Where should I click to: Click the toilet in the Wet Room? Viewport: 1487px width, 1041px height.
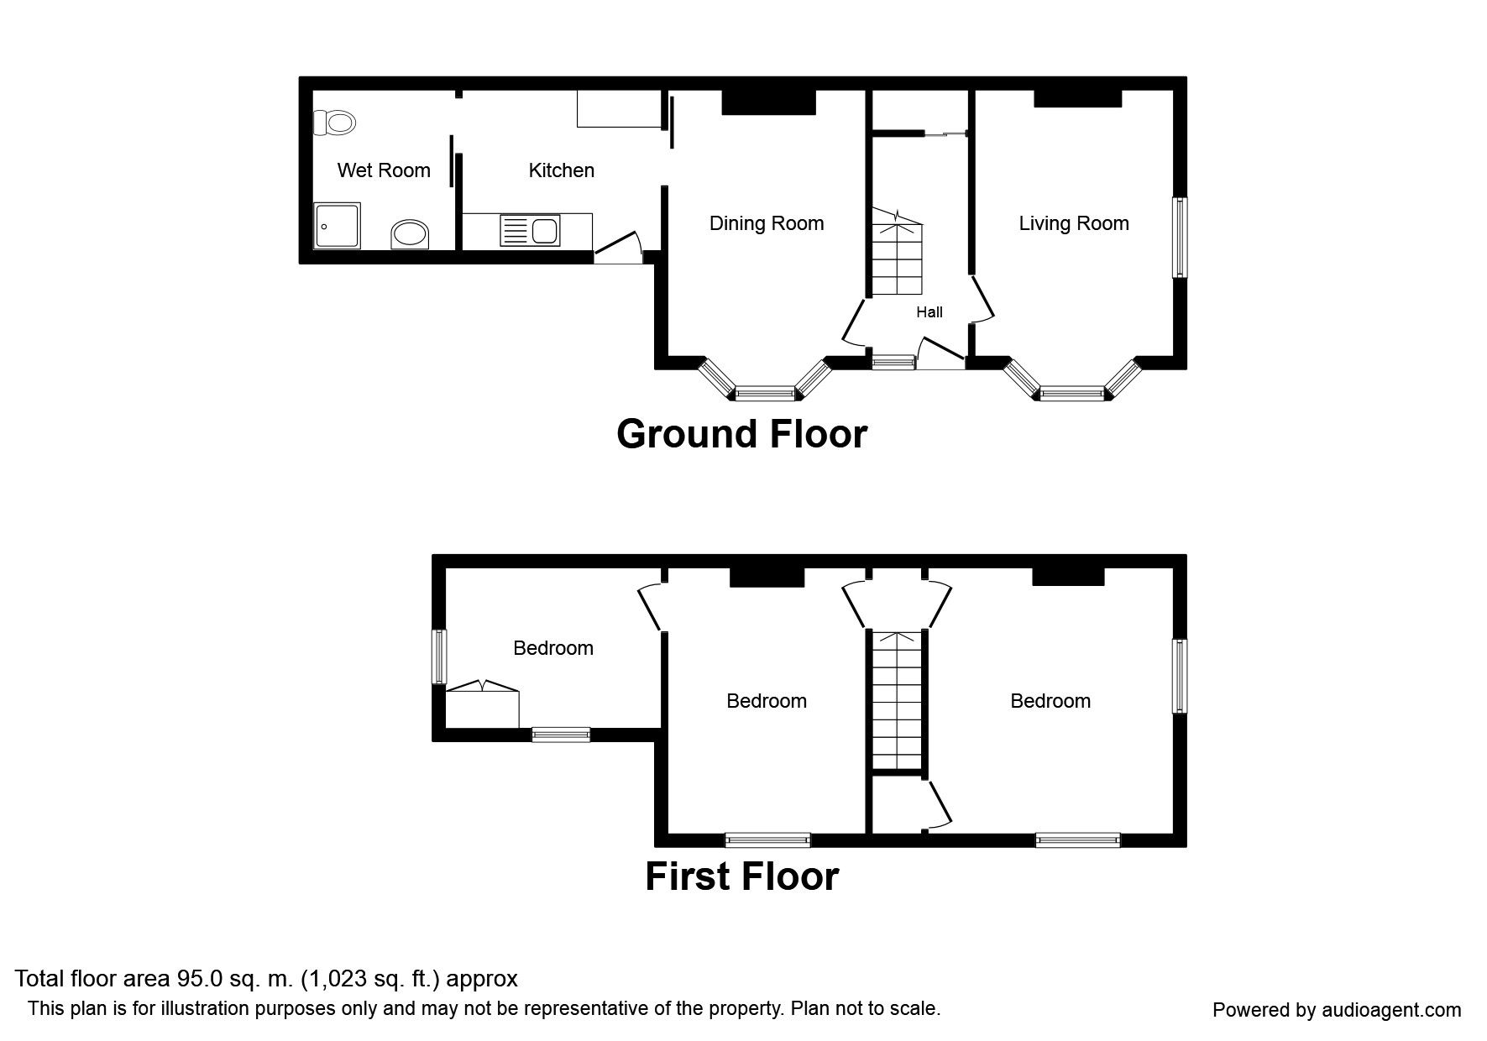tap(334, 123)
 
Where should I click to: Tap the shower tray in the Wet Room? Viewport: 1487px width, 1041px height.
tap(338, 225)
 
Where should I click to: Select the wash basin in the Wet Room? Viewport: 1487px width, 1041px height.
tap(411, 234)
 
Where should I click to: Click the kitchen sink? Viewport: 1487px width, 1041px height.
tap(530, 230)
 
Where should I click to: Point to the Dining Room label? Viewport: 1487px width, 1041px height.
tap(767, 223)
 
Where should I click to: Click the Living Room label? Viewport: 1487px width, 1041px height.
tap(1073, 223)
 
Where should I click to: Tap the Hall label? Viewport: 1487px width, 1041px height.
tap(929, 312)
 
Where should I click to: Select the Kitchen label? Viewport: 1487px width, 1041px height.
tap(561, 170)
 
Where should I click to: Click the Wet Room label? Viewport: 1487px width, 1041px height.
tap(384, 170)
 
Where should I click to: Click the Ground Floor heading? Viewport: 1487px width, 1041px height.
tap(741, 434)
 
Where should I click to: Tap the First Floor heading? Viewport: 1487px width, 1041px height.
tap(741, 876)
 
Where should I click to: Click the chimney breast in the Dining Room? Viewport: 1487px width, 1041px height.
tap(769, 102)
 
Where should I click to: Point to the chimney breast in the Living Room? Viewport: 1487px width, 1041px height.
tap(1078, 98)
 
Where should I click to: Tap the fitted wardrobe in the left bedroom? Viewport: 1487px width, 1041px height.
tap(482, 707)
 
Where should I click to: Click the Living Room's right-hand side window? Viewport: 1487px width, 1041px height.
tap(1180, 237)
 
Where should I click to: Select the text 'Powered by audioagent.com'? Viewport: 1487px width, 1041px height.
tap(1337, 1010)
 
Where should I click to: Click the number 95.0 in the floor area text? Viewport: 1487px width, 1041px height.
tap(197, 979)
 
